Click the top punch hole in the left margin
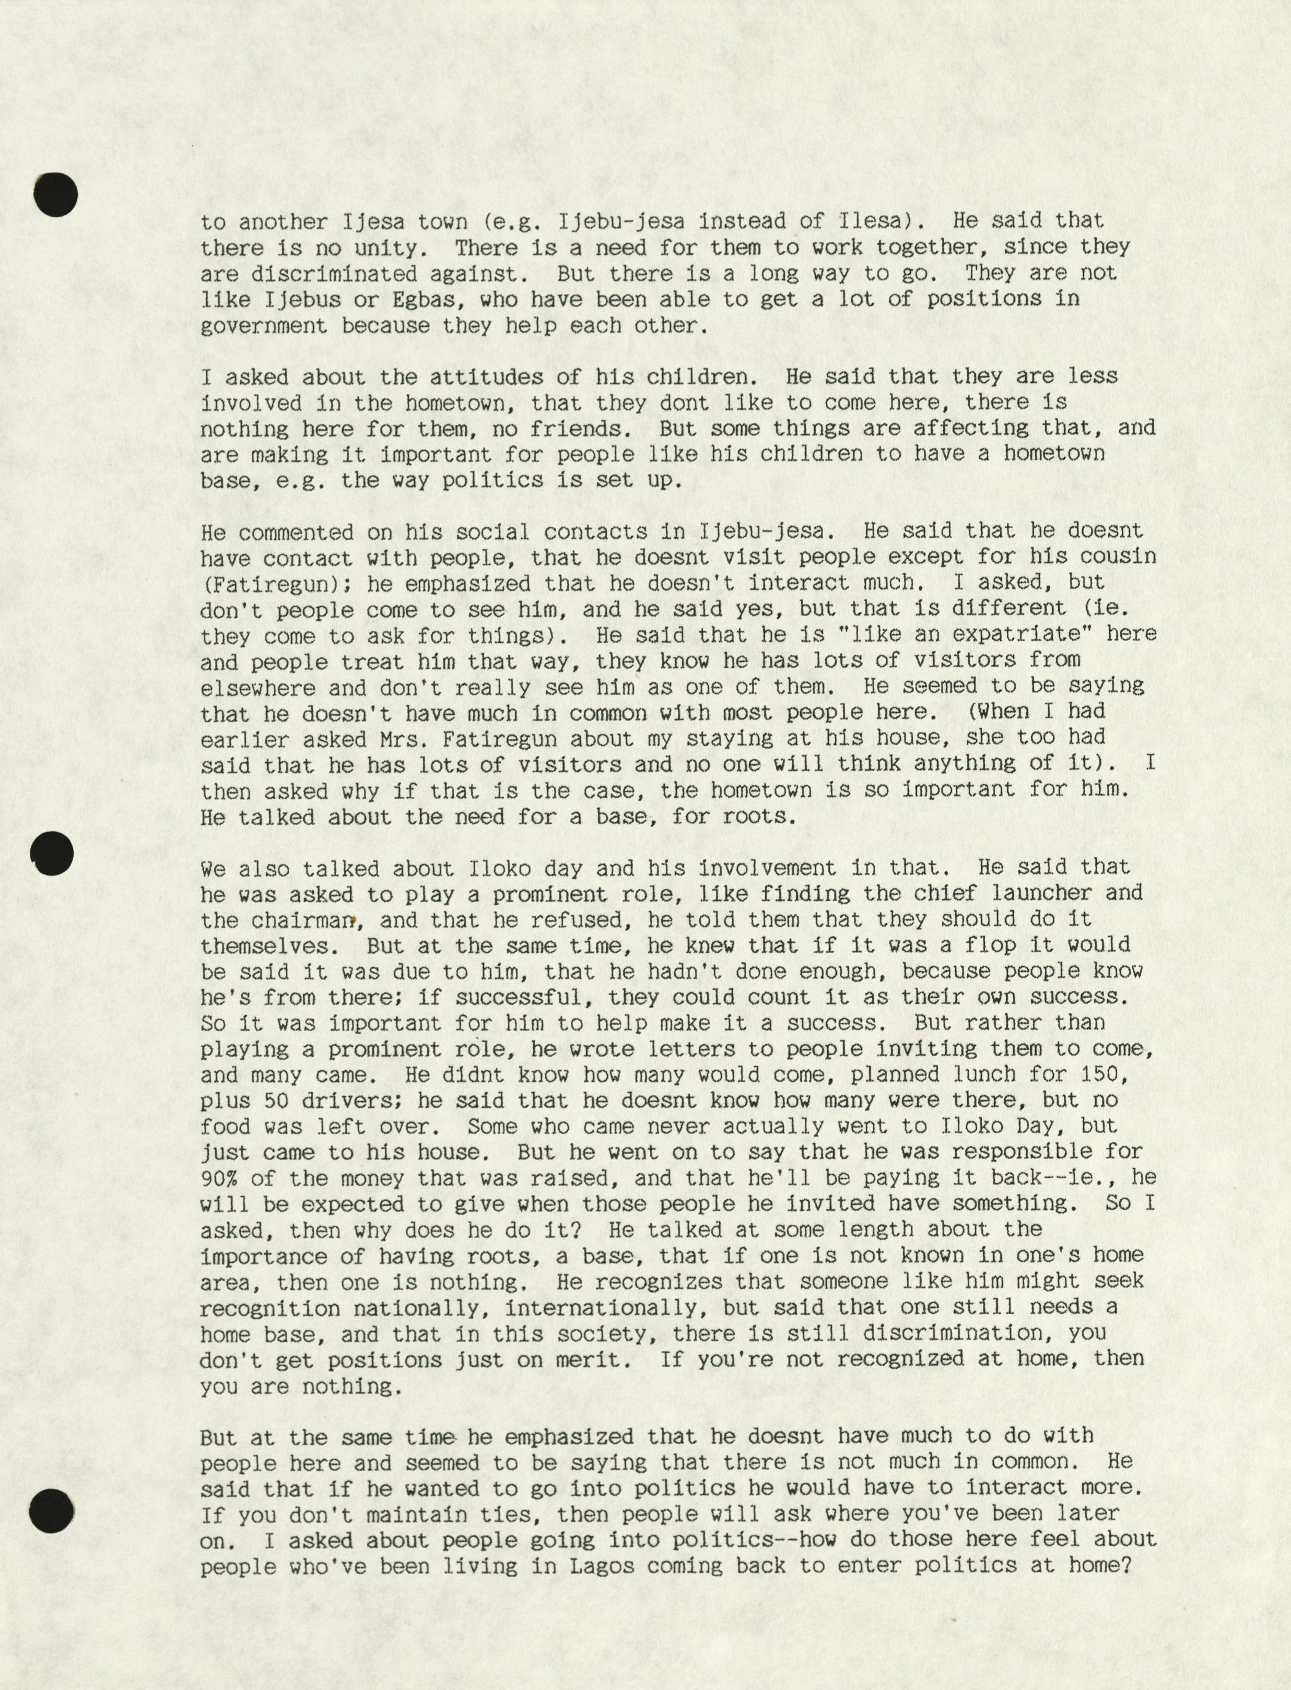pyautogui.click(x=56, y=194)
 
